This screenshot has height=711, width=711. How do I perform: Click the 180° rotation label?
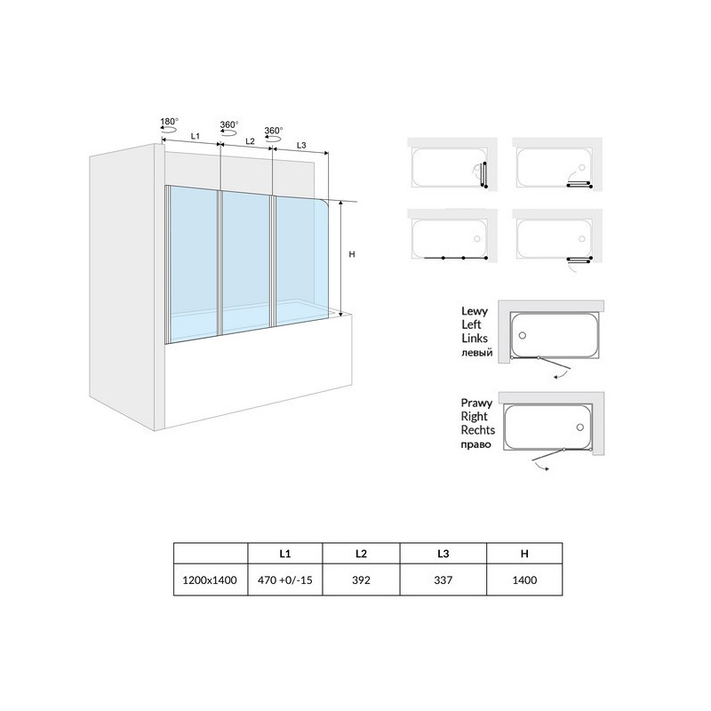tap(169, 122)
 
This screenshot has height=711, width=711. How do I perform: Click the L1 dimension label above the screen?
tap(195, 136)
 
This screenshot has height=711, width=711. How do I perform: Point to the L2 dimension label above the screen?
tap(250, 141)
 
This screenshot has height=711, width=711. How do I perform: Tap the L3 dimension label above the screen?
tap(301, 145)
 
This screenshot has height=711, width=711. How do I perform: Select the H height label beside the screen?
tap(352, 255)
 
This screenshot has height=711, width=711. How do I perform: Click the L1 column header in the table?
tap(284, 554)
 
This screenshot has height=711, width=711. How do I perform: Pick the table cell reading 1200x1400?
tap(210, 580)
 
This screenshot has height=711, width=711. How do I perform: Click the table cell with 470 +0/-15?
tap(284, 580)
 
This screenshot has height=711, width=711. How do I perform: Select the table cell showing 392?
tap(361, 580)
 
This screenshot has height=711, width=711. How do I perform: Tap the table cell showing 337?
tap(443, 580)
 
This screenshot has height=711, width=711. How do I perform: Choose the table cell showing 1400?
tap(524, 580)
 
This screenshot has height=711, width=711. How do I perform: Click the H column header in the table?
tap(524, 554)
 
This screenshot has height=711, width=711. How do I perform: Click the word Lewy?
tap(475, 312)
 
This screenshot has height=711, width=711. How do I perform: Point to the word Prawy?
tap(476, 403)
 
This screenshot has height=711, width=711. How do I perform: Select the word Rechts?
tap(478, 430)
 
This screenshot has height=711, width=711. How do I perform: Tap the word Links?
tap(475, 339)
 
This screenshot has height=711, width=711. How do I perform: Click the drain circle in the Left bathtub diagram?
tap(523, 336)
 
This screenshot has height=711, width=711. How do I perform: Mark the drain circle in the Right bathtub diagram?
tap(580, 427)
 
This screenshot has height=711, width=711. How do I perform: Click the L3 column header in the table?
tap(443, 554)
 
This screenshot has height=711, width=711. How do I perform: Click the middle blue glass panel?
tap(246, 262)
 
